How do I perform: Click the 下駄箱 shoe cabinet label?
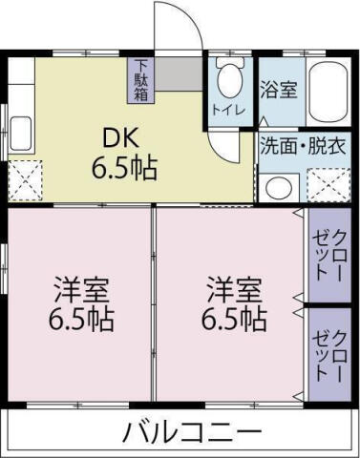140,81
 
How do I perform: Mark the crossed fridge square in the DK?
26,178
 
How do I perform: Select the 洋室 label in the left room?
81,286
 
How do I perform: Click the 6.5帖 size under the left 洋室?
81,319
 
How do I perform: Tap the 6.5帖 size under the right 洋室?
233,319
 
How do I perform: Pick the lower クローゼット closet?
328,353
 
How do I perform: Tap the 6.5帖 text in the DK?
124,170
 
